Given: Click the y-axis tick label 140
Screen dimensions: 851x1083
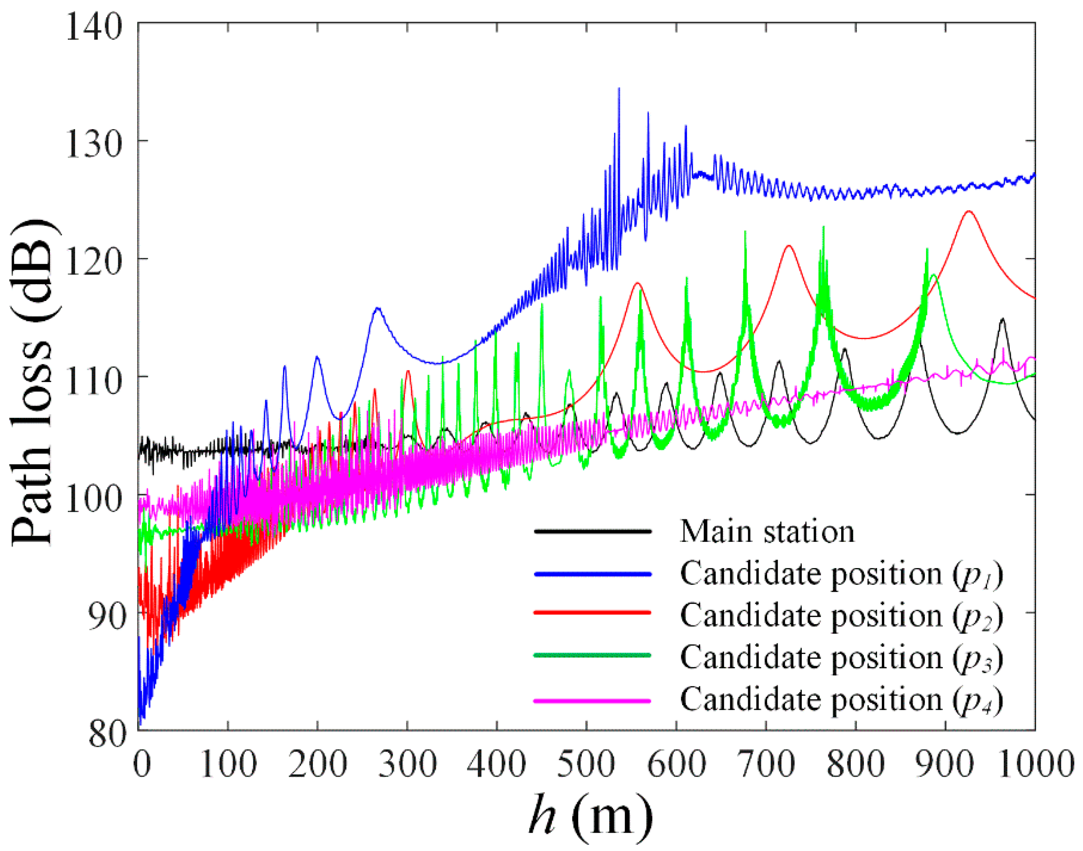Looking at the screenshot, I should [x=93, y=26].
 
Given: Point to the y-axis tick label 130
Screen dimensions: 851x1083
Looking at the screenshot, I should [x=93, y=144].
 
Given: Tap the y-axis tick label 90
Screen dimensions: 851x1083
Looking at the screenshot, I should [x=106, y=616].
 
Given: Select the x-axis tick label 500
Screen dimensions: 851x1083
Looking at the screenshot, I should [x=586, y=764].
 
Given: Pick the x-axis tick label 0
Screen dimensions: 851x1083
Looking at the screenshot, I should [x=142, y=764].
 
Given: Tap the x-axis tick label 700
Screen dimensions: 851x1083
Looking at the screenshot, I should [x=765, y=764].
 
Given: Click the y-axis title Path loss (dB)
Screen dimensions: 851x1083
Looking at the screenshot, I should [x=32, y=383].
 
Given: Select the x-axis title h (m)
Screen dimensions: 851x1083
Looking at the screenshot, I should [x=590, y=816].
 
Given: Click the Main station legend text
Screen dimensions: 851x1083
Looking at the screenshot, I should [x=767, y=532].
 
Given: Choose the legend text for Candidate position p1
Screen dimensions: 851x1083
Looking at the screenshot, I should [x=841, y=574].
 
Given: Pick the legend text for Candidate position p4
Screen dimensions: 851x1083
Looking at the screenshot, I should [x=841, y=700].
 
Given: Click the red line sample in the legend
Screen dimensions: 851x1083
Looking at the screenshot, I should [x=592, y=612].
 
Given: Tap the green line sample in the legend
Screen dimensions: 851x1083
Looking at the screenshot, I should [x=592, y=655].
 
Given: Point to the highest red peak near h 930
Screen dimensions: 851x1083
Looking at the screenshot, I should [x=969, y=211].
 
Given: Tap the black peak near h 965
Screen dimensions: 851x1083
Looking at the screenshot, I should [x=1002, y=318].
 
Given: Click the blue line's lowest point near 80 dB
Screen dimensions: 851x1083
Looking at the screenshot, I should [x=141, y=724].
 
